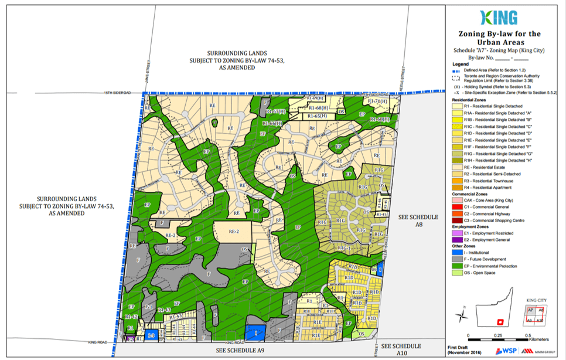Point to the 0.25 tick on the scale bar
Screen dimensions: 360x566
pyautogui.click(x=498, y=334)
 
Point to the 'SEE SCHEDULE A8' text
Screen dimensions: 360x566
pyautogui.click(x=418, y=220)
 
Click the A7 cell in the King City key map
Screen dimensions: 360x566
pyautogui.click(x=531, y=311)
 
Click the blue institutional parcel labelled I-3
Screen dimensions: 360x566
pyautogui.click(x=151, y=335)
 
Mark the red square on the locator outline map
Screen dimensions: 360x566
pyautogui.click(x=499, y=321)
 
